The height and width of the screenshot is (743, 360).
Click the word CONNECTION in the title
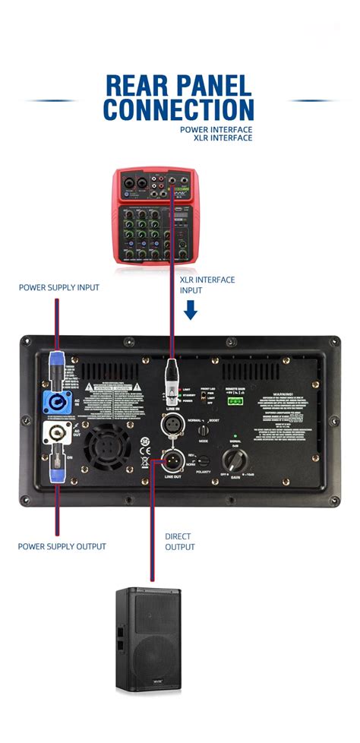(x=178, y=109)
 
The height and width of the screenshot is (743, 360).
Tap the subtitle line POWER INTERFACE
(x=216, y=129)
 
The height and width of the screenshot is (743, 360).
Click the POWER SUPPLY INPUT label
(x=59, y=288)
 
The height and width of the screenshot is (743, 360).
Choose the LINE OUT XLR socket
(x=171, y=460)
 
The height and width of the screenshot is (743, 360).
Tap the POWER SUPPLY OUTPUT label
(x=62, y=546)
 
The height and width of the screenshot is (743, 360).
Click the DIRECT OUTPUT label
(x=181, y=542)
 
